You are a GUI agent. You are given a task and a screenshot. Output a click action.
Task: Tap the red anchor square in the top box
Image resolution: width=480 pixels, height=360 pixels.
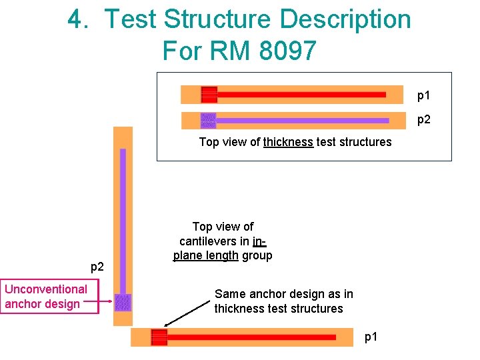tap(209, 95)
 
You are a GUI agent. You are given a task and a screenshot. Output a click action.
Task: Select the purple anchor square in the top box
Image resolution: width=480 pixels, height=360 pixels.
tap(209, 121)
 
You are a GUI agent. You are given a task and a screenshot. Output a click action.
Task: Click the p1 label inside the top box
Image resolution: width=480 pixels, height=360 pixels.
tap(424, 95)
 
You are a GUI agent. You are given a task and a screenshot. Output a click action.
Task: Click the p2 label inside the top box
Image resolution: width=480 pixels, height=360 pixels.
tap(424, 121)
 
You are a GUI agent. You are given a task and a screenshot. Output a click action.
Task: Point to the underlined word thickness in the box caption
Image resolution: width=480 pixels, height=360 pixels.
tap(288, 142)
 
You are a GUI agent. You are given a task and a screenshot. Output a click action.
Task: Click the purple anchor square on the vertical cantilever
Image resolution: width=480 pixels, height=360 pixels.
tap(123, 303)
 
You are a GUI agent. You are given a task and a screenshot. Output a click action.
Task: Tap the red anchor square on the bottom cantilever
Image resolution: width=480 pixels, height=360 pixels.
tap(159, 337)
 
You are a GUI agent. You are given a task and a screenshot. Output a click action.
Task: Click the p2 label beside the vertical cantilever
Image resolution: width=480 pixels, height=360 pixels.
tap(97, 267)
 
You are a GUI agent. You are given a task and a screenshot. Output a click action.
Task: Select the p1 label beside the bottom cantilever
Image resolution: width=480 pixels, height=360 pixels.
tap(371, 337)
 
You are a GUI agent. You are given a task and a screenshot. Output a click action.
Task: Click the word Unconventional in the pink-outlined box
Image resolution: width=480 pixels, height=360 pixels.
tap(46, 289)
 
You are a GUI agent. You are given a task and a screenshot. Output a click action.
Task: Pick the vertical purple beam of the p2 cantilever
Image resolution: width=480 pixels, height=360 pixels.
tap(123, 220)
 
